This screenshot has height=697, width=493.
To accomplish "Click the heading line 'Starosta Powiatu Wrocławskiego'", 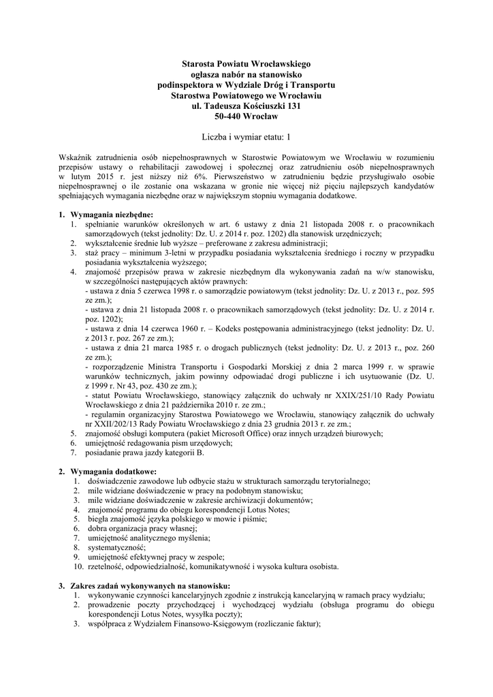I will point(246,63).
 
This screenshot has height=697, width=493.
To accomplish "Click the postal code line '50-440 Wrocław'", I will point(246,116).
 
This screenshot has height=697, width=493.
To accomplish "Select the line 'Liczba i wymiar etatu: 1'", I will point(246,137).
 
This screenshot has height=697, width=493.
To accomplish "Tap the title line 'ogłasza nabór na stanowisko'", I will point(246,74).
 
